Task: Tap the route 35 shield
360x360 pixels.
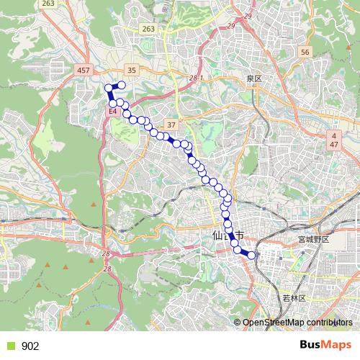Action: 131,70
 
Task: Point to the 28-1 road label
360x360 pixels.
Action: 197,77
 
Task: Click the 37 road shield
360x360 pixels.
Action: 171,124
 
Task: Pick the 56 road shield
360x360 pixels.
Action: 305,53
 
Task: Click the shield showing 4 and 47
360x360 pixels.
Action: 334,140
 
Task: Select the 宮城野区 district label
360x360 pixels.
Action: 313,238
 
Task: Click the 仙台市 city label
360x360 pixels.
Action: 229,235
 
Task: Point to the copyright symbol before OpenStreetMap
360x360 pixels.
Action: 238,323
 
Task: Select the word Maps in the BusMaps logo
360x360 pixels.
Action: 336,345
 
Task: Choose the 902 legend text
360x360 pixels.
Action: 30,346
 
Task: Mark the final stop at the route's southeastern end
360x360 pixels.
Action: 252,254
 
